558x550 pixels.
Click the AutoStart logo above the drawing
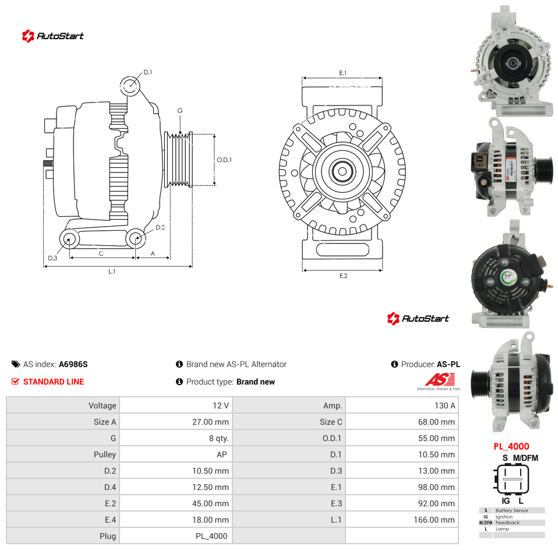pyautogui.click(x=52, y=36)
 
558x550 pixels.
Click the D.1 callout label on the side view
pyautogui.click(x=148, y=72)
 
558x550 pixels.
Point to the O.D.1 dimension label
pyautogui.click(x=224, y=160)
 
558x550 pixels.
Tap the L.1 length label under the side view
pyautogui.click(x=112, y=272)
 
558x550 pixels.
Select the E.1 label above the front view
pyautogui.click(x=342, y=73)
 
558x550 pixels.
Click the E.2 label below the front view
pyautogui.click(x=344, y=276)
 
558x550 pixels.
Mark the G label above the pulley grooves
pyautogui.click(x=180, y=111)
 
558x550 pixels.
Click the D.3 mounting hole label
pyautogui.click(x=52, y=258)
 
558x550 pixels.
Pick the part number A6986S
pyautogui.click(x=73, y=364)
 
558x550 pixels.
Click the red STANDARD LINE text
pyautogui.click(x=54, y=382)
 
